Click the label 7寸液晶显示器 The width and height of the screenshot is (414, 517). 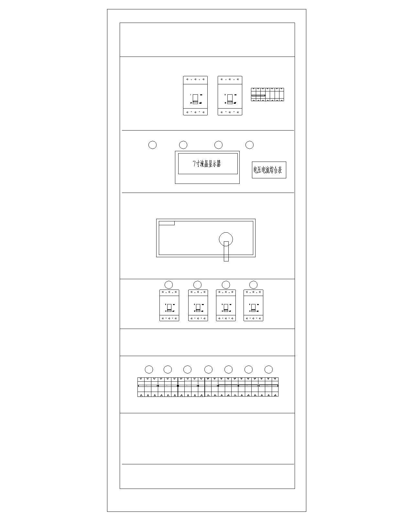pos(207,164)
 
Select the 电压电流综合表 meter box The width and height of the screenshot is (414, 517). pos(269,170)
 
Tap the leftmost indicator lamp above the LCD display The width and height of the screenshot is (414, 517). pos(152,145)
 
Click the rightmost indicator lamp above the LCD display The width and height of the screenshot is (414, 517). pos(249,145)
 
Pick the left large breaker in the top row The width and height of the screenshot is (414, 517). pos(195,96)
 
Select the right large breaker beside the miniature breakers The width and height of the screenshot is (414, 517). pos(230,96)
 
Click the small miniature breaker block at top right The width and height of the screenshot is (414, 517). pos(267,94)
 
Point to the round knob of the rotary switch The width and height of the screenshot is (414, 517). pos(226,239)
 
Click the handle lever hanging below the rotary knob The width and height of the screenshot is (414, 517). pos(226,251)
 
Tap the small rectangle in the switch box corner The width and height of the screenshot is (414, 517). pos(167,223)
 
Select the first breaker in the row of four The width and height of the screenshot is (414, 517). pos(169,305)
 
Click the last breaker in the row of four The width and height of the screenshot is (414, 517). pos(253,305)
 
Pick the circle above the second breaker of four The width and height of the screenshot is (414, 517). pos(198,285)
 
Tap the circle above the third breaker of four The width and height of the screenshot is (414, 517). pos(226,285)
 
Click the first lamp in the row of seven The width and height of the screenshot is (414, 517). pos(149,369)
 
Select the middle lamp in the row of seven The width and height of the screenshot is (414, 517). pos(208,369)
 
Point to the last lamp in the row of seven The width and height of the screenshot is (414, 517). pos(268,369)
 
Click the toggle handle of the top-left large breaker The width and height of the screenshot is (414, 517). pos(195,99)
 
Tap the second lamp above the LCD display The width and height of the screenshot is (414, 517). pos(183,145)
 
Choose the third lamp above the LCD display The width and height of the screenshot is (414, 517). pos(218,145)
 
